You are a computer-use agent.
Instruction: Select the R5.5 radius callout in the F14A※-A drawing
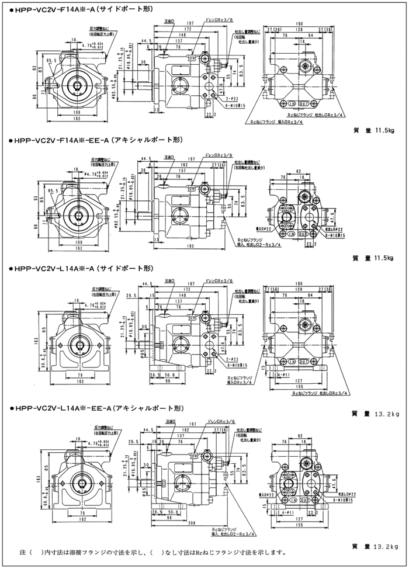point(53,60)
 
